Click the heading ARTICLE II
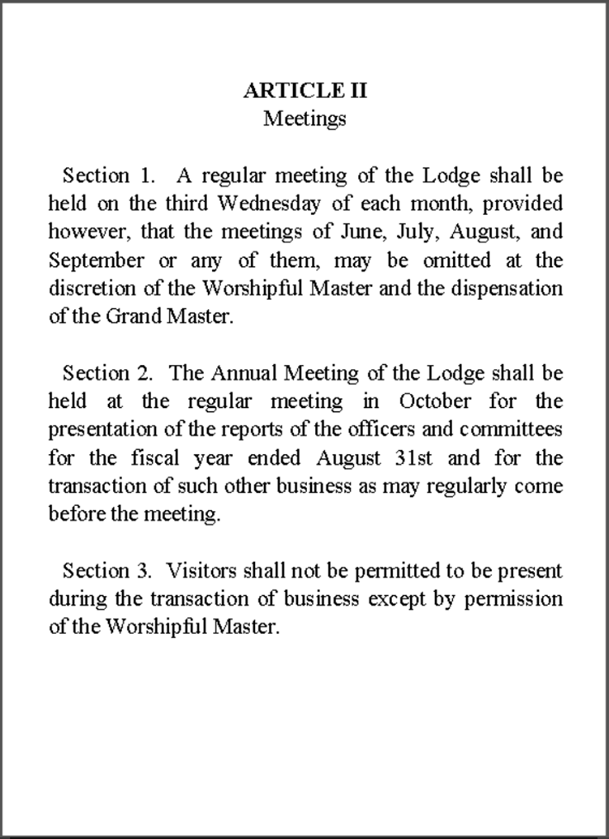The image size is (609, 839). coord(304,91)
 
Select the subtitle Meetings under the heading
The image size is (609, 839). coord(304,119)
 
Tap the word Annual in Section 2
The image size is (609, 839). coord(247,373)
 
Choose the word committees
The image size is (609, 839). coord(512,431)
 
